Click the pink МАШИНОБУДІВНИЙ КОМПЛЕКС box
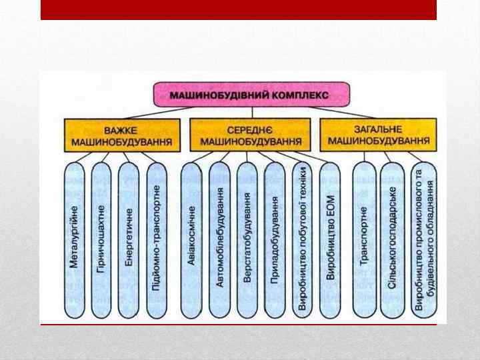click(251, 95)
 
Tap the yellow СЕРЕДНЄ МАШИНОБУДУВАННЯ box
click(250, 135)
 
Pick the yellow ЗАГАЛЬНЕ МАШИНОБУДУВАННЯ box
click(377, 135)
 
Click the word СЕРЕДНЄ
click(251, 129)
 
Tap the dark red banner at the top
click(238, 9)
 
